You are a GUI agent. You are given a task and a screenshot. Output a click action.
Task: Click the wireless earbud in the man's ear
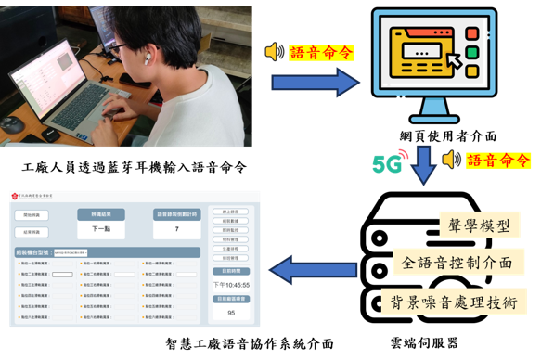[146, 57]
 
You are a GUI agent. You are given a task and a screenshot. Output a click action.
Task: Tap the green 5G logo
[389, 162]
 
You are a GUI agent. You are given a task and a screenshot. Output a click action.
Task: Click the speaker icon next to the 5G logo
[452, 160]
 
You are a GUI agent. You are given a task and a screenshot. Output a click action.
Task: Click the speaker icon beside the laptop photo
[275, 52]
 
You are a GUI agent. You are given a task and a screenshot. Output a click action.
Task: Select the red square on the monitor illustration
[471, 33]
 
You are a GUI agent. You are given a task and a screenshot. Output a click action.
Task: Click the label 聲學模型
[476, 225]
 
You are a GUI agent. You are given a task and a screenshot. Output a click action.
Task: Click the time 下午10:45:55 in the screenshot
[231, 284]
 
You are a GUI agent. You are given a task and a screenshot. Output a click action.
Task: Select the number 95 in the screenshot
[231, 313]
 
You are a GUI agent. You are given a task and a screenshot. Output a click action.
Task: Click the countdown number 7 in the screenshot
[176, 228]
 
